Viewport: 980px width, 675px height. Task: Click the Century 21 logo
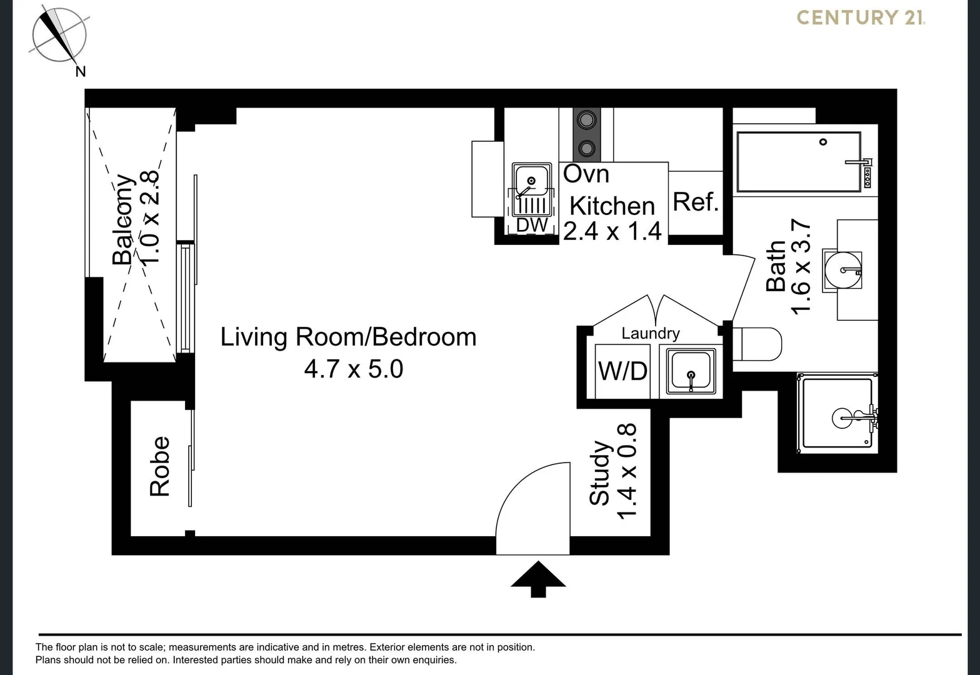(861, 17)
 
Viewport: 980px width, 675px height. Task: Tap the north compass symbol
(59, 35)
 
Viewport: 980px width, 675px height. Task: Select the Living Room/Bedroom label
(348, 337)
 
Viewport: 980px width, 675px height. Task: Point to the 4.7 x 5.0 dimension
(353, 369)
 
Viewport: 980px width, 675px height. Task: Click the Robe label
(160, 466)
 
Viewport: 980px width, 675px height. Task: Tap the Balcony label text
(123, 219)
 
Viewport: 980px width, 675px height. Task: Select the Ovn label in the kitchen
(586, 174)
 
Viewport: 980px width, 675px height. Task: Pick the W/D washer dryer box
(622, 371)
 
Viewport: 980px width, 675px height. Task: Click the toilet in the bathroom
(757, 344)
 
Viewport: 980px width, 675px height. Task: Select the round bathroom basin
(842, 270)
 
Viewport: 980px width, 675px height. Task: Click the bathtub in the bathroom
(798, 161)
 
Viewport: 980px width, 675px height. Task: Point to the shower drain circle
(841, 417)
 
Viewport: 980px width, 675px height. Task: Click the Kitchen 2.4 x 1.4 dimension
(612, 231)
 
